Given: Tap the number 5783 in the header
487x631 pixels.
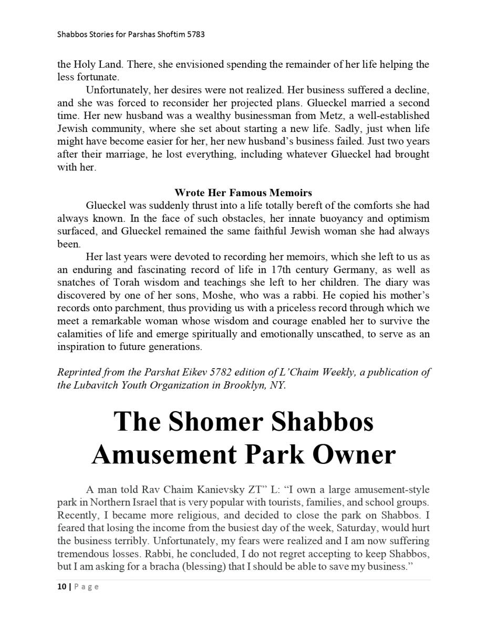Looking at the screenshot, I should pos(194,35).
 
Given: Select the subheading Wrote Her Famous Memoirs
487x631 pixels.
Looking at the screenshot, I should pos(243,192).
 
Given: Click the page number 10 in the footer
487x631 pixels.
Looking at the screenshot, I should pos(61,587).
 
